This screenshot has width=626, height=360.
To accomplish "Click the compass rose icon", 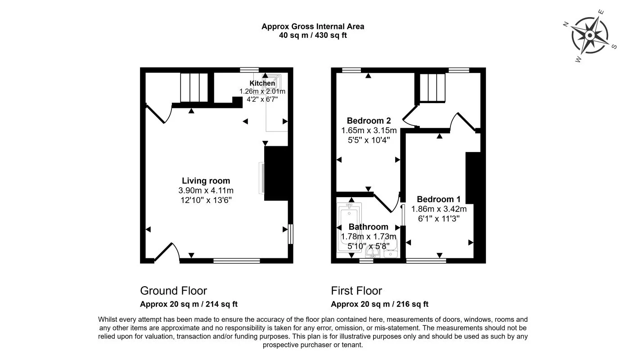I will click(x=590, y=36).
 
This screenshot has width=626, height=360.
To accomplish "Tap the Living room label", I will click(x=206, y=181).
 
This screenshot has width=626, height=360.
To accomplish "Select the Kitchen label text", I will click(x=262, y=83).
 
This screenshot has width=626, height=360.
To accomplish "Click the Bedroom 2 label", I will click(x=369, y=121).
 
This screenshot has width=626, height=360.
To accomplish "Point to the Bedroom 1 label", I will click(x=438, y=199).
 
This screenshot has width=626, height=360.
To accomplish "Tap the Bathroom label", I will click(x=368, y=227).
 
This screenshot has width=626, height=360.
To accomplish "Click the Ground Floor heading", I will click(x=173, y=291).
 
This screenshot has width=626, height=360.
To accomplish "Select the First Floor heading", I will click(x=356, y=291).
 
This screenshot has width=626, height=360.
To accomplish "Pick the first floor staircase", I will click(x=432, y=87).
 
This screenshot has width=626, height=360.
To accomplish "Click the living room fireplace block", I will click(x=275, y=173).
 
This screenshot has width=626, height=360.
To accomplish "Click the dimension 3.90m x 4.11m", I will click(x=206, y=190).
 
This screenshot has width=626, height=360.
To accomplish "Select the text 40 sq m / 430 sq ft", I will click(x=313, y=35).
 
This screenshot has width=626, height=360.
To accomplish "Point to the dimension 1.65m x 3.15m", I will click(x=369, y=130).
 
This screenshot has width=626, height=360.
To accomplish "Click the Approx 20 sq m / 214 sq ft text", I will click(x=189, y=304).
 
